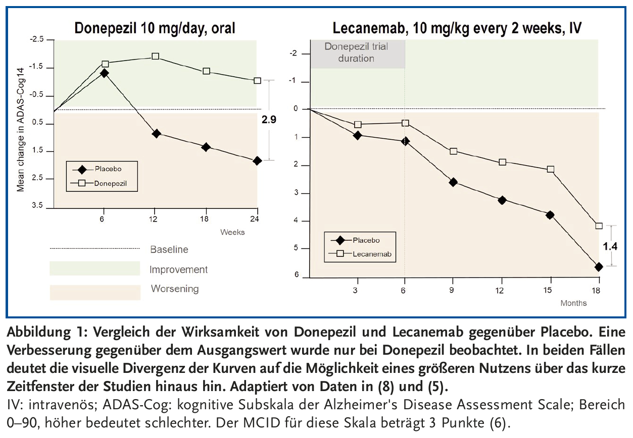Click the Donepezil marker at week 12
156,57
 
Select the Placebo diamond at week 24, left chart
257,161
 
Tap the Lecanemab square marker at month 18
599,226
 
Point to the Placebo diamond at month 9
453,182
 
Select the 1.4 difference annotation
611,246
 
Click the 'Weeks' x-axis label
232,232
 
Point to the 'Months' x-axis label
573,303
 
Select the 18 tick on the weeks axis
206,219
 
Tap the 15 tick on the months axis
549,290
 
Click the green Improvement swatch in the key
94,268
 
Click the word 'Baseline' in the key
169,249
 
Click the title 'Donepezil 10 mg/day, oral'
155,28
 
